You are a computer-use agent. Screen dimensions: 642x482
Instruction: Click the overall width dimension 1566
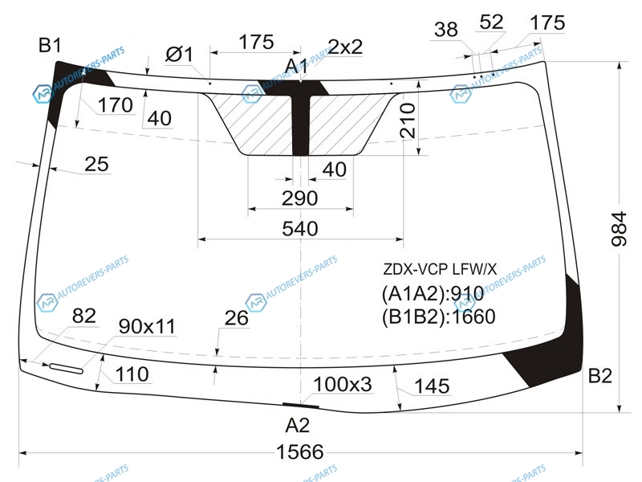(x=299, y=452)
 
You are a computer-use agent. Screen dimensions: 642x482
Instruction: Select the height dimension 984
(x=619, y=229)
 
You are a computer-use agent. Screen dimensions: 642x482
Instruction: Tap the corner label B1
(x=50, y=45)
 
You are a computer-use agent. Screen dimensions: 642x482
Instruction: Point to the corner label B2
(x=599, y=375)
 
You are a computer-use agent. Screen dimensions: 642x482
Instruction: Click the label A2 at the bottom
(x=297, y=425)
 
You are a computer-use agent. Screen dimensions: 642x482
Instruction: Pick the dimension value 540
(x=299, y=229)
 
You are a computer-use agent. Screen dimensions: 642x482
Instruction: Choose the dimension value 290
(x=299, y=198)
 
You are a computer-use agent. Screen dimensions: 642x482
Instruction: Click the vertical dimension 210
(x=408, y=120)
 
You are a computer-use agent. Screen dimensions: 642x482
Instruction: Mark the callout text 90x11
(x=147, y=326)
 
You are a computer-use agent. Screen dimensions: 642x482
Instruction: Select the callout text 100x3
(x=343, y=385)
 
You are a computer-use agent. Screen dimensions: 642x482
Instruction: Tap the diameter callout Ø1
(x=179, y=54)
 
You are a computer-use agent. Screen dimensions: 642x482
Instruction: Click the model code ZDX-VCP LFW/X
(x=440, y=269)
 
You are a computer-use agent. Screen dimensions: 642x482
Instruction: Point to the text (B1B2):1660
(x=438, y=317)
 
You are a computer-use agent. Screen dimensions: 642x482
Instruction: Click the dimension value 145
(x=432, y=386)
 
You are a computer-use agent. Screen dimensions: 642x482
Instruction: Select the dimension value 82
(x=84, y=316)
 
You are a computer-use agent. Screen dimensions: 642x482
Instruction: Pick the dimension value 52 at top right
(x=491, y=22)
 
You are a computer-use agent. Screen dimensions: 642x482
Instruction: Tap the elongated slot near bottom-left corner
(x=66, y=369)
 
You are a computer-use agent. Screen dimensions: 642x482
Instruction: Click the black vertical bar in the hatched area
(x=300, y=125)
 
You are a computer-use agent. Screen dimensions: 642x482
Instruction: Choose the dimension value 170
(x=115, y=105)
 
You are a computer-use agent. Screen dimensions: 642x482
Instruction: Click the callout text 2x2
(x=345, y=47)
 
